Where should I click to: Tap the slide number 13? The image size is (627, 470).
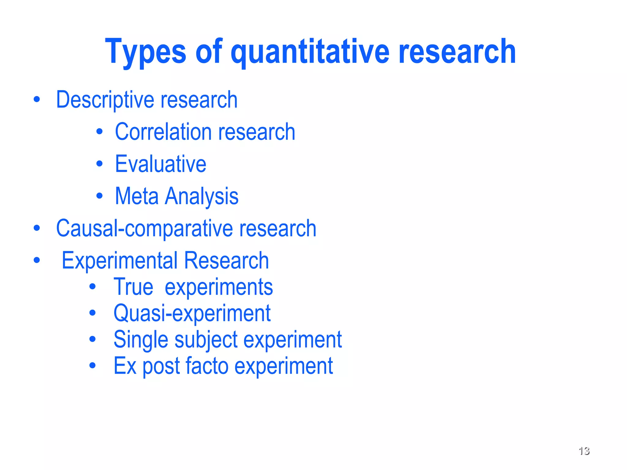pyautogui.click(x=584, y=451)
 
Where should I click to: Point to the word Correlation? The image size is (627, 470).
pyautogui.click(x=163, y=132)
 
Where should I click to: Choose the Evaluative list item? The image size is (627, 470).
pyautogui.click(x=160, y=164)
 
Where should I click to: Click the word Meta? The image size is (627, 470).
pyautogui.click(x=137, y=196)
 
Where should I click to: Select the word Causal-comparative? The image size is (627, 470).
pyautogui.click(x=145, y=229)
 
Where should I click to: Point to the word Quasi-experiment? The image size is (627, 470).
pyautogui.click(x=192, y=313)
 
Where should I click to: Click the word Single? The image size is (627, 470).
pyautogui.click(x=141, y=340)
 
